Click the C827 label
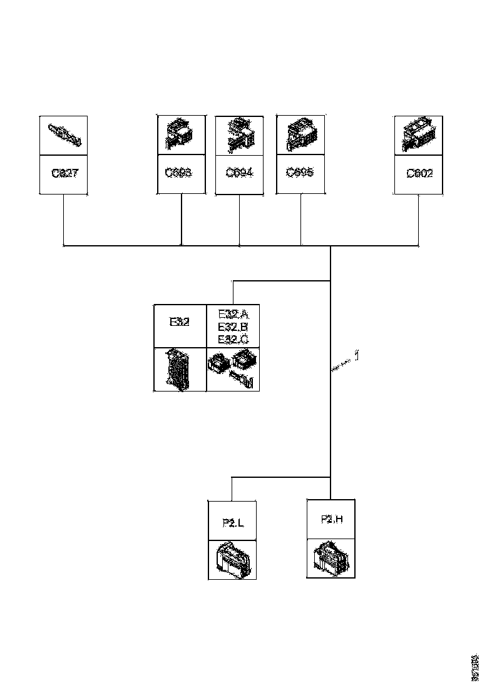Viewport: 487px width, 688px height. pos(64,173)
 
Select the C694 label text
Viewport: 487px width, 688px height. pos(239,173)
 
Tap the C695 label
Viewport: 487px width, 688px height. pos(300,173)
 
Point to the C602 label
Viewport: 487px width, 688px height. pos(419,173)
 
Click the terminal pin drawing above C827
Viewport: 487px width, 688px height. pos(64,136)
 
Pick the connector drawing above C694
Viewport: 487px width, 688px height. pos(240,134)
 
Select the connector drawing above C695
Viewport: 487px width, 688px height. pos(301,134)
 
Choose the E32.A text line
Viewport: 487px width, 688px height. pos(233,315)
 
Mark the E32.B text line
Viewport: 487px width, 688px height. pos(233,327)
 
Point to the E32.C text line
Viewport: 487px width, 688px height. pos(233,339)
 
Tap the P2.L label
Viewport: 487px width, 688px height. pos(232,521)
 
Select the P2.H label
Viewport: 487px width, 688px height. pos(331,519)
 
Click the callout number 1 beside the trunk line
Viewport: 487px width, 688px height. pos(357,357)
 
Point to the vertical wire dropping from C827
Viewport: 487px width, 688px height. pos(64,219)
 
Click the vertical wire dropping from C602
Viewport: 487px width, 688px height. pos(419,219)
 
